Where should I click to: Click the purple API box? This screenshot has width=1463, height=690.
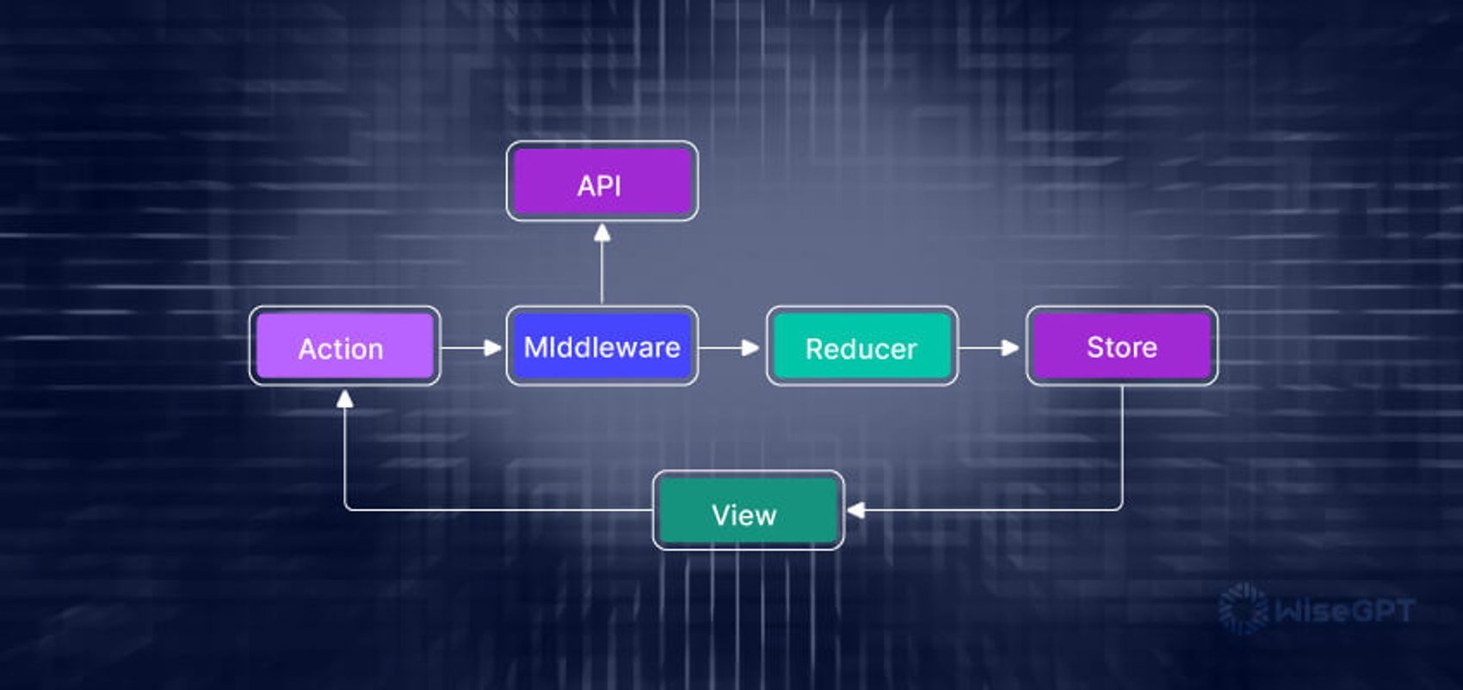click(x=602, y=182)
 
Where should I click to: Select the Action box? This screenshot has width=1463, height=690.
click(x=344, y=346)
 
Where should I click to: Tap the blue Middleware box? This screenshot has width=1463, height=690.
click(x=602, y=346)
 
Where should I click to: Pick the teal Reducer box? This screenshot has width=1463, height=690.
click(x=861, y=346)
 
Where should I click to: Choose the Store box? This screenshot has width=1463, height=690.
click(x=1121, y=346)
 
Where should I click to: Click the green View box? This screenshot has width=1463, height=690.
click(x=748, y=510)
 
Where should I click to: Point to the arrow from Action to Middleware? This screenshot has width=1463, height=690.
click(x=472, y=348)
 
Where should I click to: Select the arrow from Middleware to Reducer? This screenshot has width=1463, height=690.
click(x=730, y=348)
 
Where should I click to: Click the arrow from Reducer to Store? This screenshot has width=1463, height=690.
click(x=990, y=348)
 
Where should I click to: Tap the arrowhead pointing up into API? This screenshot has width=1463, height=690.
click(x=602, y=233)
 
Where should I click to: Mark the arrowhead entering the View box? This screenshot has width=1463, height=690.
click(x=855, y=510)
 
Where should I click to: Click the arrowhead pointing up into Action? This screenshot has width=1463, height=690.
click(x=345, y=398)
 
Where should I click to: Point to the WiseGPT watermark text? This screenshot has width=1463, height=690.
click(x=1344, y=611)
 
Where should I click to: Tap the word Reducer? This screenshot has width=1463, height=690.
click(x=861, y=348)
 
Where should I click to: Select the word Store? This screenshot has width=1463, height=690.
click(x=1121, y=347)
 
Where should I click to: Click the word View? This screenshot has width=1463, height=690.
click(x=744, y=514)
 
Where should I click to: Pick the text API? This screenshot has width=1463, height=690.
click(x=599, y=185)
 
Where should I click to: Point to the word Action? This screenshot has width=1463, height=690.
click(x=341, y=348)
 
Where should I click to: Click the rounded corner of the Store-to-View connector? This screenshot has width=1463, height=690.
click(x=1120, y=508)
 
